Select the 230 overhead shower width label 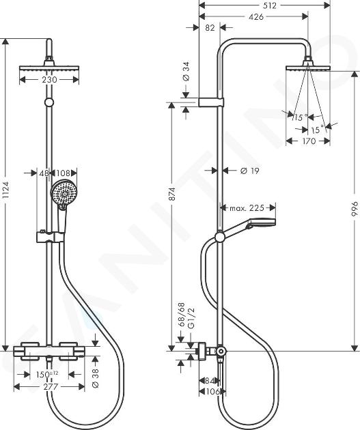tap(50, 80)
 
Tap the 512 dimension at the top tap(270, 5)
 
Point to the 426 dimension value tap(256, 17)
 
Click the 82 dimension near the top tap(210, 28)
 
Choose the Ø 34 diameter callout tap(186, 71)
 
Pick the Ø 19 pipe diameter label tap(250, 171)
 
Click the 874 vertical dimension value tap(172, 194)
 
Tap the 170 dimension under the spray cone tap(308, 141)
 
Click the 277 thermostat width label tap(51, 387)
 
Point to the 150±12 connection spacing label tap(48, 374)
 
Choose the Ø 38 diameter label tap(96, 378)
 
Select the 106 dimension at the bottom tap(212, 391)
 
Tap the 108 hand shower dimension tap(63, 173)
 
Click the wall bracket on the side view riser tap(211, 102)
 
